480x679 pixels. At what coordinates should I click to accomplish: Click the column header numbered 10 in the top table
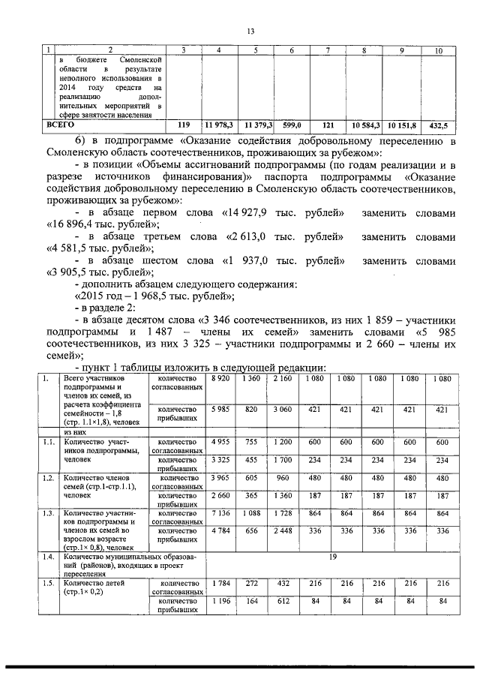tap(438, 50)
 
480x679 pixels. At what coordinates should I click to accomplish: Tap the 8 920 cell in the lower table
tap(220, 379)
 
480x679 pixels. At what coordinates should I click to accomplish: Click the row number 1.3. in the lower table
tap(48, 513)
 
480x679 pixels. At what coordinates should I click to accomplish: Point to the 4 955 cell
tap(220, 443)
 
